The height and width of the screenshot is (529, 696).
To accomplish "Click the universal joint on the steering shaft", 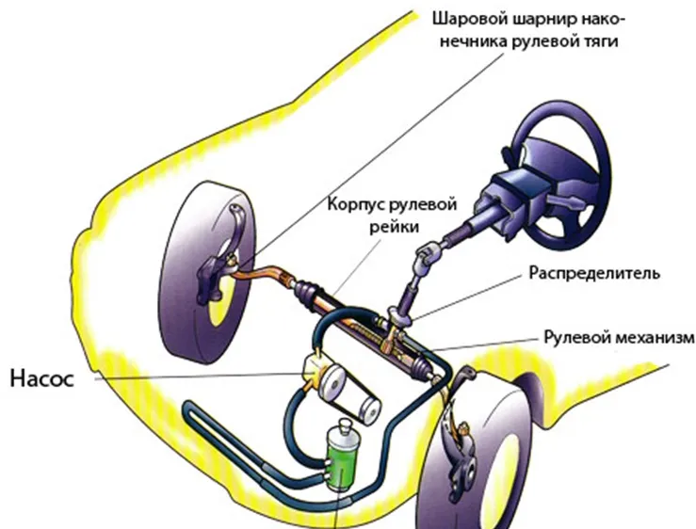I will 429,253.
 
